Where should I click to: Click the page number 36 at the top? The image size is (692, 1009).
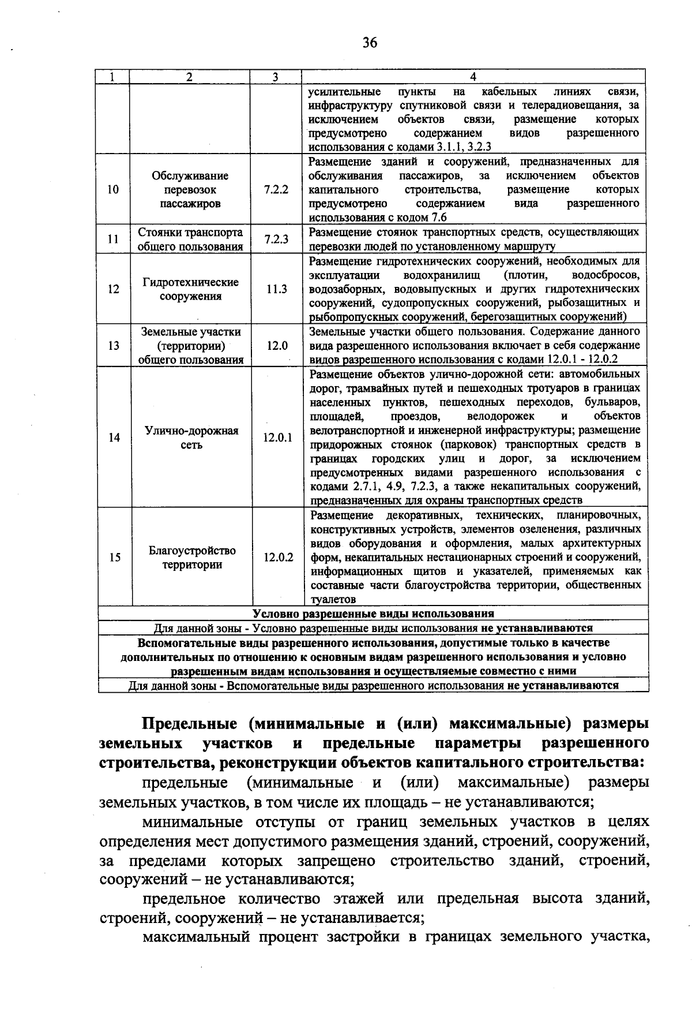tap(370, 42)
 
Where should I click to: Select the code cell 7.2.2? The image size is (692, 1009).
tap(276, 189)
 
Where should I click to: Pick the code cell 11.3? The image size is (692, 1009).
tap(277, 289)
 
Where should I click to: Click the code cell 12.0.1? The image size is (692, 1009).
tap(278, 438)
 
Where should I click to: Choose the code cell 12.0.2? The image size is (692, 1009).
tap(279, 557)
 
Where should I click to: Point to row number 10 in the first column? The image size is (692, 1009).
tap(113, 189)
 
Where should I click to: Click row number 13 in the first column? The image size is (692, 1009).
tap(114, 345)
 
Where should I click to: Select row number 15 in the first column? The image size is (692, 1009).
tap(115, 557)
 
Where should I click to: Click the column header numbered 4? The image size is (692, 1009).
tap(473, 77)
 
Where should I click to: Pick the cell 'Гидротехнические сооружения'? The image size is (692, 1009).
tap(191, 289)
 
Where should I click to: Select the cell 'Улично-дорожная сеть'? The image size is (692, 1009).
tap(191, 438)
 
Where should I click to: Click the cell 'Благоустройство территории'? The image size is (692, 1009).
tap(192, 557)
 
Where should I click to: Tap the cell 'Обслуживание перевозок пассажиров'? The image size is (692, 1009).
tap(190, 189)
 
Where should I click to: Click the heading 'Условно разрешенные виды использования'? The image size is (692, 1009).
tap(374, 613)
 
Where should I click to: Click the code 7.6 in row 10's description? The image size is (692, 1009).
tap(439, 218)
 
